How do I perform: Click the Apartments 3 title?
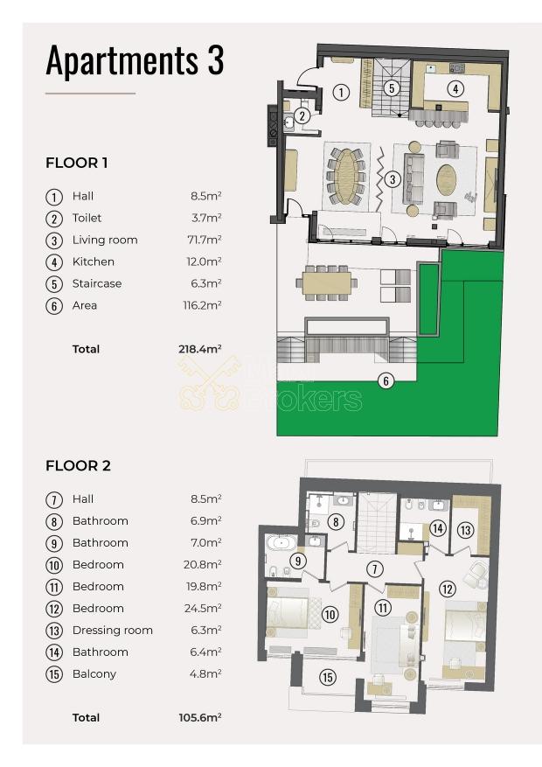[135, 60]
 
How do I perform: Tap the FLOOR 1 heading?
[77, 163]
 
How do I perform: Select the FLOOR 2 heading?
[78, 465]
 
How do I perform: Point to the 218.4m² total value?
[200, 349]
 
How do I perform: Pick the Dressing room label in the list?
[113, 630]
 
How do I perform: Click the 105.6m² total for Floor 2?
[200, 718]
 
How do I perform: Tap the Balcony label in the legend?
[94, 674]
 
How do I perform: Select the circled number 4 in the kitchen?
[455, 88]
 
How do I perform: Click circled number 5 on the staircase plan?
[392, 88]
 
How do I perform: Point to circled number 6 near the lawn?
[386, 380]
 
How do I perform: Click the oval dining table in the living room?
[346, 176]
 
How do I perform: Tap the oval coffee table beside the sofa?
[447, 179]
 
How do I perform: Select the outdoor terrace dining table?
[326, 283]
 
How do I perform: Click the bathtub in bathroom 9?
[281, 542]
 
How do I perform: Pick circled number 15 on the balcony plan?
[328, 677]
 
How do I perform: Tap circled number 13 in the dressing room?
[465, 530]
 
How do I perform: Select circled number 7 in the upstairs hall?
[375, 568]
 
